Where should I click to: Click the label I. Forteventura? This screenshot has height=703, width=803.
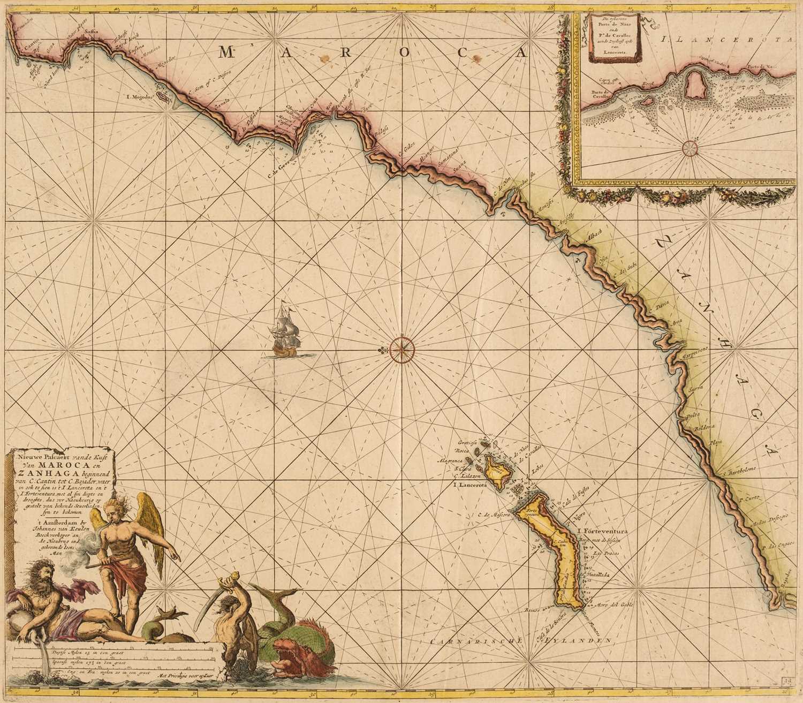(x=602, y=532)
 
